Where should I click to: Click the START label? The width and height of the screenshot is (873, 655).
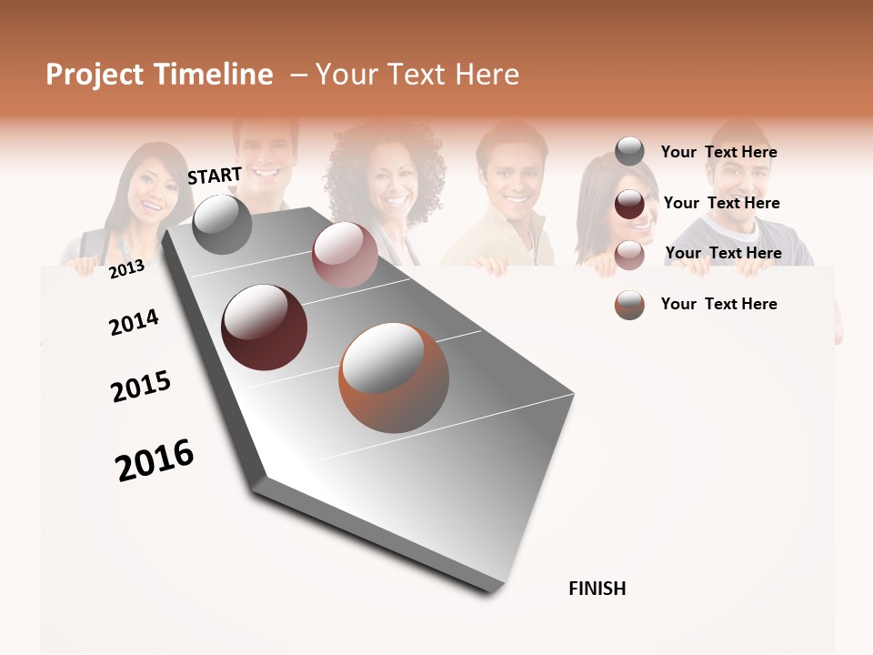215,176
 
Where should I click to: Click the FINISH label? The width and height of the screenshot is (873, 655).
597,589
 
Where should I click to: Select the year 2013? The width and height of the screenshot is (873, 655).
126,268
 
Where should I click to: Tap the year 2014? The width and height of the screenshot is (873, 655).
134,323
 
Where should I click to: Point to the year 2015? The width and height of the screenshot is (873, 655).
141,387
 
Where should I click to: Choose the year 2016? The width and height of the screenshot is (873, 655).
155,459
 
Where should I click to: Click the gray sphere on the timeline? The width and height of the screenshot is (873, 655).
222,224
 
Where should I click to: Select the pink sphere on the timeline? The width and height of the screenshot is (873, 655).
345,255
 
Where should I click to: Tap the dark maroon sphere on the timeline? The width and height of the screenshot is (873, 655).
264,327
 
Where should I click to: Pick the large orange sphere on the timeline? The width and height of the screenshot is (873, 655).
394,378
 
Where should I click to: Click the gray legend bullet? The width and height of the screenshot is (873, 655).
629,152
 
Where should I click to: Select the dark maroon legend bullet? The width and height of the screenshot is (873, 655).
629,204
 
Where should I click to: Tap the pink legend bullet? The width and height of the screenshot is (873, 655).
629,254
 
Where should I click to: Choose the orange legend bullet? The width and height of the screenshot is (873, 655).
629,305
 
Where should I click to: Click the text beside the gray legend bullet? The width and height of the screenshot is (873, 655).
718,152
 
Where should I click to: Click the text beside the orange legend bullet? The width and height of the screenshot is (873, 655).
718,304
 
